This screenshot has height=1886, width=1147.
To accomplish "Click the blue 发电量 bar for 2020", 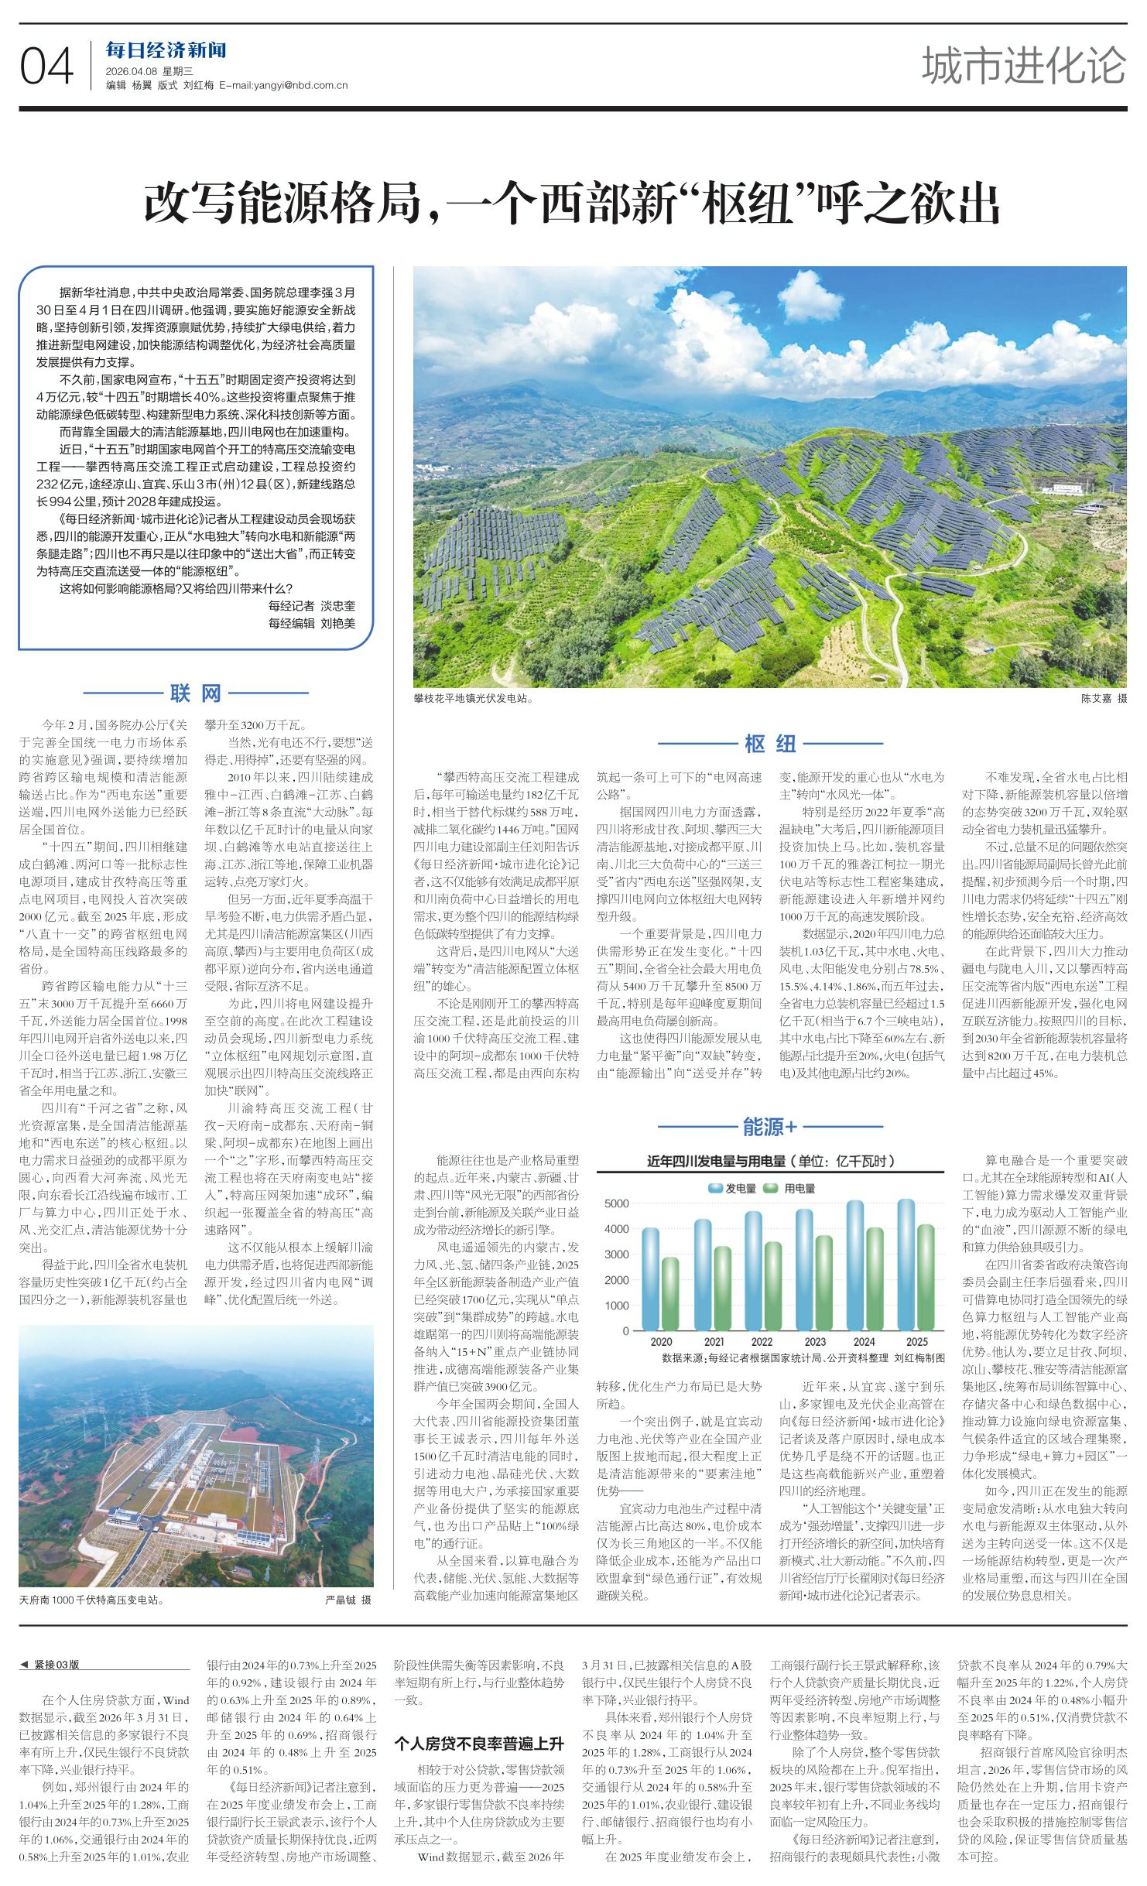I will tap(651, 1278).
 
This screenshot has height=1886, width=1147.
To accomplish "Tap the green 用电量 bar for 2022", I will tap(772, 1285).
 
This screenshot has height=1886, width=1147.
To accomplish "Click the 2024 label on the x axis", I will tap(864, 1341).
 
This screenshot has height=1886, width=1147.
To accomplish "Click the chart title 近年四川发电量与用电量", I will tap(771, 1161).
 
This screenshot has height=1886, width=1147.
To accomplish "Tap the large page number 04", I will tap(46, 67).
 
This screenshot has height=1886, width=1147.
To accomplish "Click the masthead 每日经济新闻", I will tap(166, 51).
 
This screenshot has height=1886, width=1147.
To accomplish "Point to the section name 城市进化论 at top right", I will tap(1023, 65).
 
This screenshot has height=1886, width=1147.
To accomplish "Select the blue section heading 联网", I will tap(195, 693).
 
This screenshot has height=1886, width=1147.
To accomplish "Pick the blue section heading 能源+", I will tap(769, 1127).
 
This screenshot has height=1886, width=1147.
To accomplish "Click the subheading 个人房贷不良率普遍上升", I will tap(479, 1743).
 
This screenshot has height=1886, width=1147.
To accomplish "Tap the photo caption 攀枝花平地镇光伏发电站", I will tap(472, 698).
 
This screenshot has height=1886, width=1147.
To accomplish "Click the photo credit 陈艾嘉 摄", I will tap(1104, 698).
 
